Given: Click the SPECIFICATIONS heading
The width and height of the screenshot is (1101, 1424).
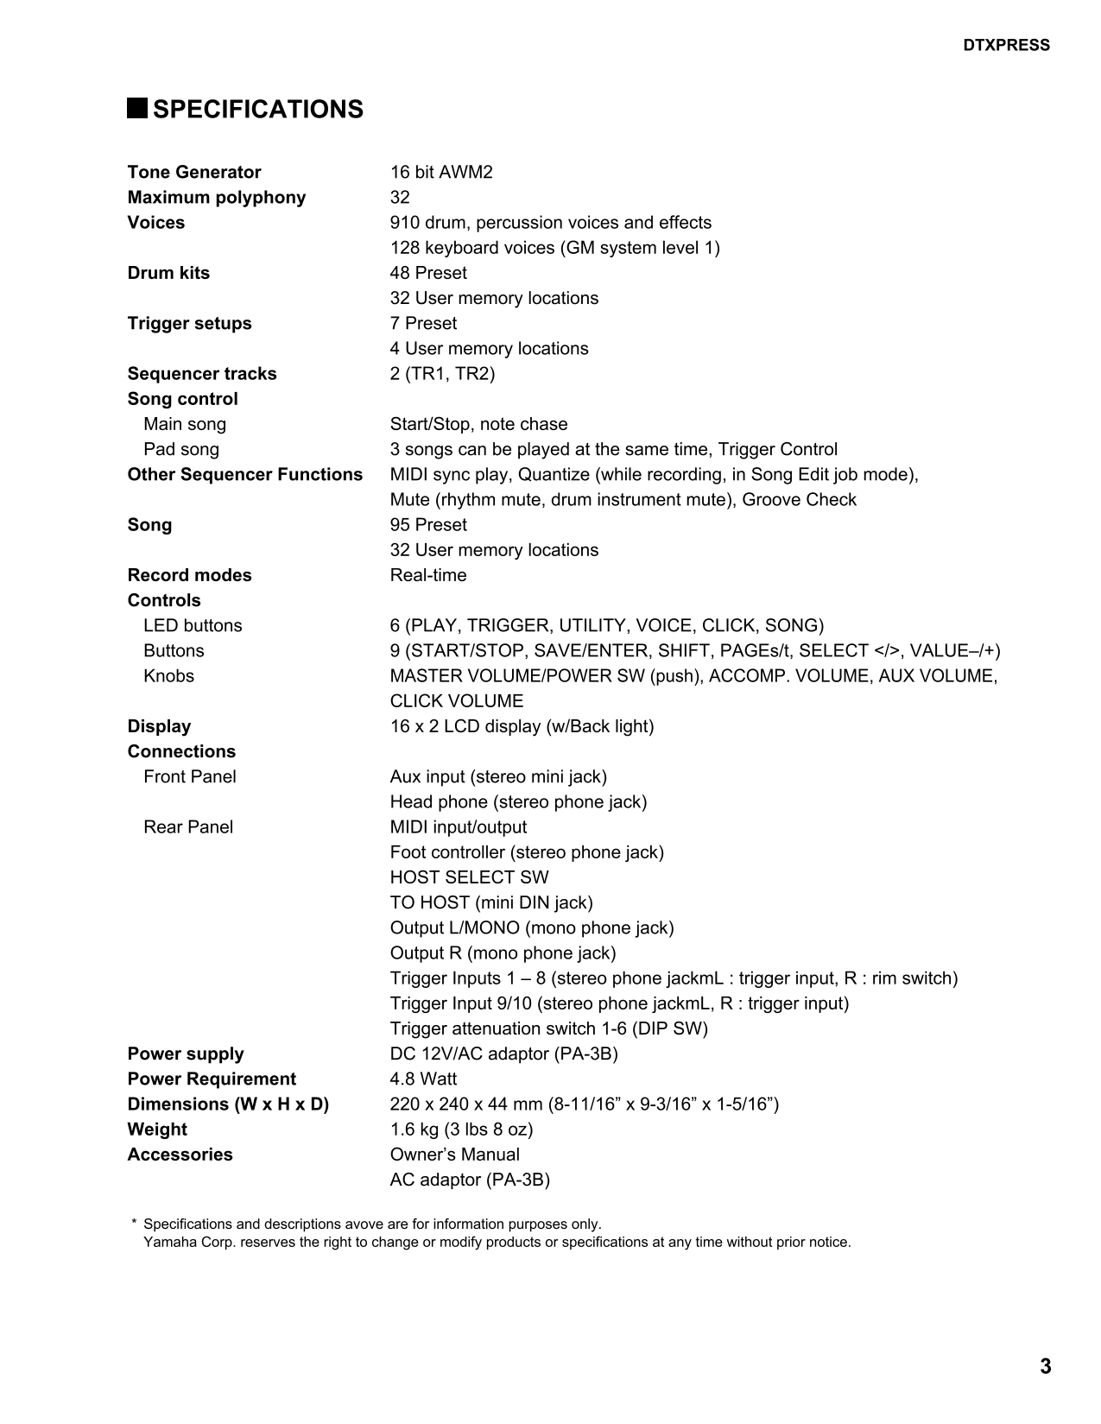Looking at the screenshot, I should click(257, 110).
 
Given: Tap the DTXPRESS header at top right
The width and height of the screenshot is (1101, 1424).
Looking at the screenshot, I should click(1006, 46).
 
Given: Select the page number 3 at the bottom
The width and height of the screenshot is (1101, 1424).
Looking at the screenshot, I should click(1045, 1366).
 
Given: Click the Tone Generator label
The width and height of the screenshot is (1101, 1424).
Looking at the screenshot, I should click(193, 172).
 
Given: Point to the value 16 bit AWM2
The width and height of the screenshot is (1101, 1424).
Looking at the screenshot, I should click(440, 172).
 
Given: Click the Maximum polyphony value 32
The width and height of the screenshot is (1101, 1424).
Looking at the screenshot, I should click(400, 197).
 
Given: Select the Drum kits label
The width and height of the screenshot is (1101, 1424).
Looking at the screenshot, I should click(168, 273).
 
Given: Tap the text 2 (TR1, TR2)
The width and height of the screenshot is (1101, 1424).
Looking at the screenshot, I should click(442, 374).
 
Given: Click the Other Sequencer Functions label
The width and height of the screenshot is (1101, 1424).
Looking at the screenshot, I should click(244, 474).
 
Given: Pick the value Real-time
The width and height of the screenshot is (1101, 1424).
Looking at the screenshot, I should click(427, 575).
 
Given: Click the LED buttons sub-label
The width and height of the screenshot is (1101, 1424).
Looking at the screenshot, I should click(193, 625).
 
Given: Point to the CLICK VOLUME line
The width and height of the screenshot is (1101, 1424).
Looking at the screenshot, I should click(456, 701).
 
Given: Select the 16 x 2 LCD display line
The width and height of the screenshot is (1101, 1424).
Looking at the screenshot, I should click(522, 726).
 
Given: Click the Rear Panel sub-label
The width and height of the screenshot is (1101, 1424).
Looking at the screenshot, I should click(188, 827).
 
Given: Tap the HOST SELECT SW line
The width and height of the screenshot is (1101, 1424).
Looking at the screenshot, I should click(469, 877).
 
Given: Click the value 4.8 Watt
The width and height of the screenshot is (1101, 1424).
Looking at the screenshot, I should click(423, 1079).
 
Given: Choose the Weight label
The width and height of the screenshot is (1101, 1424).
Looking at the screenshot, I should click(157, 1130).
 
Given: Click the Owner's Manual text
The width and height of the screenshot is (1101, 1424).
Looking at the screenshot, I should click(454, 1155).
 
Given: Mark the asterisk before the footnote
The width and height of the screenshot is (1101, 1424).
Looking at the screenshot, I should click(134, 1223).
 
